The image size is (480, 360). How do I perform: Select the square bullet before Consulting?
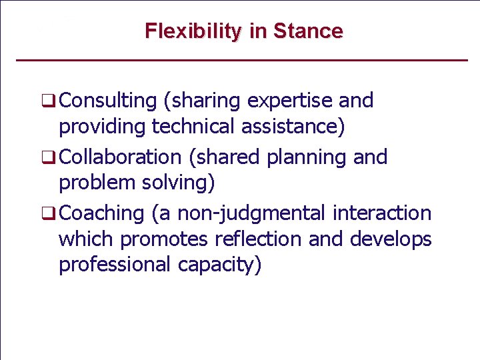[48, 102]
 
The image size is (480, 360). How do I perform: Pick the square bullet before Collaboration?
[48, 159]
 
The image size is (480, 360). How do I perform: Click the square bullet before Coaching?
[48, 215]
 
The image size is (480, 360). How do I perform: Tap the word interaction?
[383, 213]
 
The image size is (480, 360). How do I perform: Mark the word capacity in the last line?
[220, 265]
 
